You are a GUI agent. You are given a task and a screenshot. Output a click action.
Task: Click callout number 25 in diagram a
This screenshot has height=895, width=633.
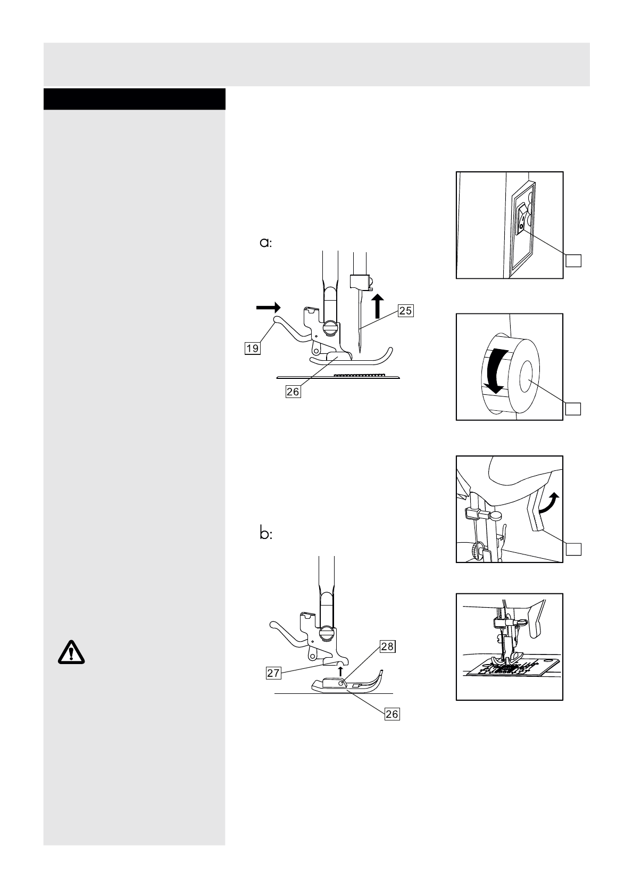[x=405, y=310]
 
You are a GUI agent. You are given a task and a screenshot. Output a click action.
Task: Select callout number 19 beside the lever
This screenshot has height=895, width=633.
[x=252, y=349]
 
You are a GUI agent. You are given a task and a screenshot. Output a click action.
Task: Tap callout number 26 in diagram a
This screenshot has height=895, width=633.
[x=293, y=391]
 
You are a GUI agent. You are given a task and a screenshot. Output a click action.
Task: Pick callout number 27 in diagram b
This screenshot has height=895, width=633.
[x=273, y=673]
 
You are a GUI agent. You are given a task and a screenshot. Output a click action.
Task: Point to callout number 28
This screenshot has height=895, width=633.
[x=387, y=647]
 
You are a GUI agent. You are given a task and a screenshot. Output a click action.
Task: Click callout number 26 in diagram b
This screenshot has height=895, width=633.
[x=392, y=714]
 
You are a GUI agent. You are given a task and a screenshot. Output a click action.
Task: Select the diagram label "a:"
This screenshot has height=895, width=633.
[x=265, y=243]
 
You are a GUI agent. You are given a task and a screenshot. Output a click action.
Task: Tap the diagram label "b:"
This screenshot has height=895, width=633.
[x=266, y=534]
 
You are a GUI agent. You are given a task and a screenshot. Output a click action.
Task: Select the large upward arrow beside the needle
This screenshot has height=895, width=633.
[x=377, y=305]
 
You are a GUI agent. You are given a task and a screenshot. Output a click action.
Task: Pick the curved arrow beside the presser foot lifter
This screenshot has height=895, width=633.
[x=550, y=503]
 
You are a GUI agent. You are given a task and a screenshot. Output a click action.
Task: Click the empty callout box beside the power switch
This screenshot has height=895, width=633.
[x=572, y=260]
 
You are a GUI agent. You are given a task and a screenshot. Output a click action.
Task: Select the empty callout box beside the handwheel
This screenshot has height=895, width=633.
[x=572, y=408]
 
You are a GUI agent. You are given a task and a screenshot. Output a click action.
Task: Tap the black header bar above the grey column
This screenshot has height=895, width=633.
[x=134, y=99]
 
